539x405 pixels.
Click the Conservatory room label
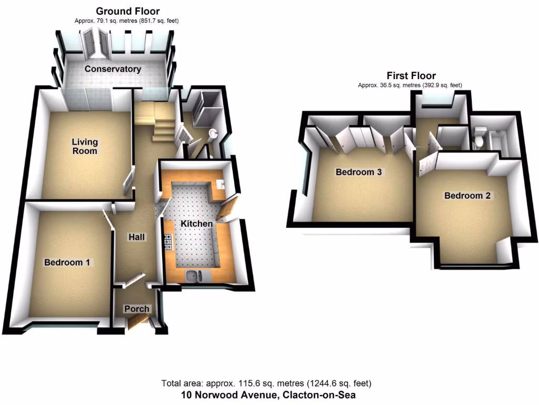(113, 69)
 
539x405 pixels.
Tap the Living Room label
(85, 146)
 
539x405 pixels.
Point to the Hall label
(137, 237)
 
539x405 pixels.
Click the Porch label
(136, 308)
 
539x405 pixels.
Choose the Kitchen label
(197, 224)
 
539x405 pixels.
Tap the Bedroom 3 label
(358, 172)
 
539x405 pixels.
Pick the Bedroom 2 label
(467, 196)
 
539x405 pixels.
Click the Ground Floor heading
(128, 11)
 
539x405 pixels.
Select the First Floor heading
(411, 75)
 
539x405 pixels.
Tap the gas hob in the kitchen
(169, 242)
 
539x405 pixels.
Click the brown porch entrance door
(138, 322)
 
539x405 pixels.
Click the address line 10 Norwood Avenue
(269, 394)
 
